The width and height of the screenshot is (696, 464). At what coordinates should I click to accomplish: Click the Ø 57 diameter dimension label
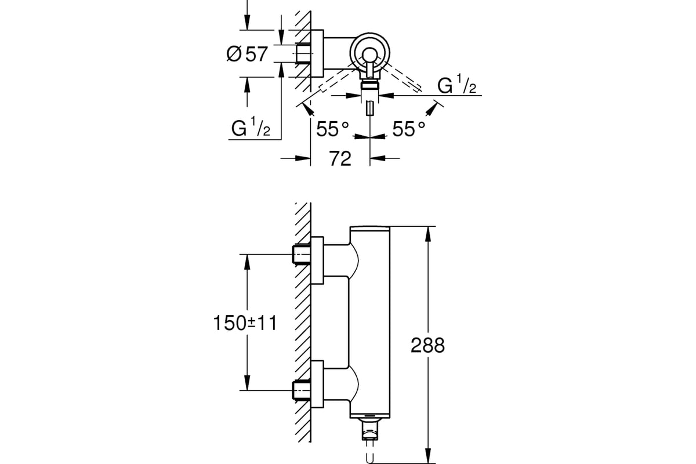pyautogui.click(x=247, y=54)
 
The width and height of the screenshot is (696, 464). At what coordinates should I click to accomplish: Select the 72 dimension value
pyautogui.click(x=340, y=158)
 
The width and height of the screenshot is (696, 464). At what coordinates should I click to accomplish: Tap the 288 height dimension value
pyautogui.click(x=427, y=345)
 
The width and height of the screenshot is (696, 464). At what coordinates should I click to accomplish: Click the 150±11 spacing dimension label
pyautogui.click(x=245, y=323)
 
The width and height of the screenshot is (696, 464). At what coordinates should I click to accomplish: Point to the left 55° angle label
pyautogui.click(x=332, y=129)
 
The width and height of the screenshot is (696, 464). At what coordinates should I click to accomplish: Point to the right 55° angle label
pyautogui.click(x=408, y=129)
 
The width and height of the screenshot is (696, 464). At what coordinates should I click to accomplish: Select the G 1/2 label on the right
pyautogui.click(x=457, y=84)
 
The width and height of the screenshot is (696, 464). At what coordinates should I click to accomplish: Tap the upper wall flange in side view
pyautogui.click(x=317, y=260)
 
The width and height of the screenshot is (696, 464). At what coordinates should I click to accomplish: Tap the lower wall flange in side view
pyautogui.click(x=317, y=384)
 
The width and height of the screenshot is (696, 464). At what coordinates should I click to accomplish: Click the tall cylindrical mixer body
pyautogui.click(x=369, y=322)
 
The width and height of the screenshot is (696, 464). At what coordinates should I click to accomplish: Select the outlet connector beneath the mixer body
pyautogui.click(x=369, y=429)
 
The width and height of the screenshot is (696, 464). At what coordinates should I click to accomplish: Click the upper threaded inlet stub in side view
pyautogui.click(x=302, y=254)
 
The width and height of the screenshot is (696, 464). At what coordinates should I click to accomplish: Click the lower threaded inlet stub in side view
pyautogui.click(x=302, y=390)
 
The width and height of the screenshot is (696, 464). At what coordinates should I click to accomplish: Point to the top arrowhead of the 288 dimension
pyautogui.click(x=428, y=233)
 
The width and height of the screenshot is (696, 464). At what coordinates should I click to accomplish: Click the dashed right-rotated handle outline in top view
pyautogui.click(x=401, y=77)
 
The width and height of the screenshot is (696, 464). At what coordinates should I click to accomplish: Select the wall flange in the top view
pyautogui.click(x=317, y=53)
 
